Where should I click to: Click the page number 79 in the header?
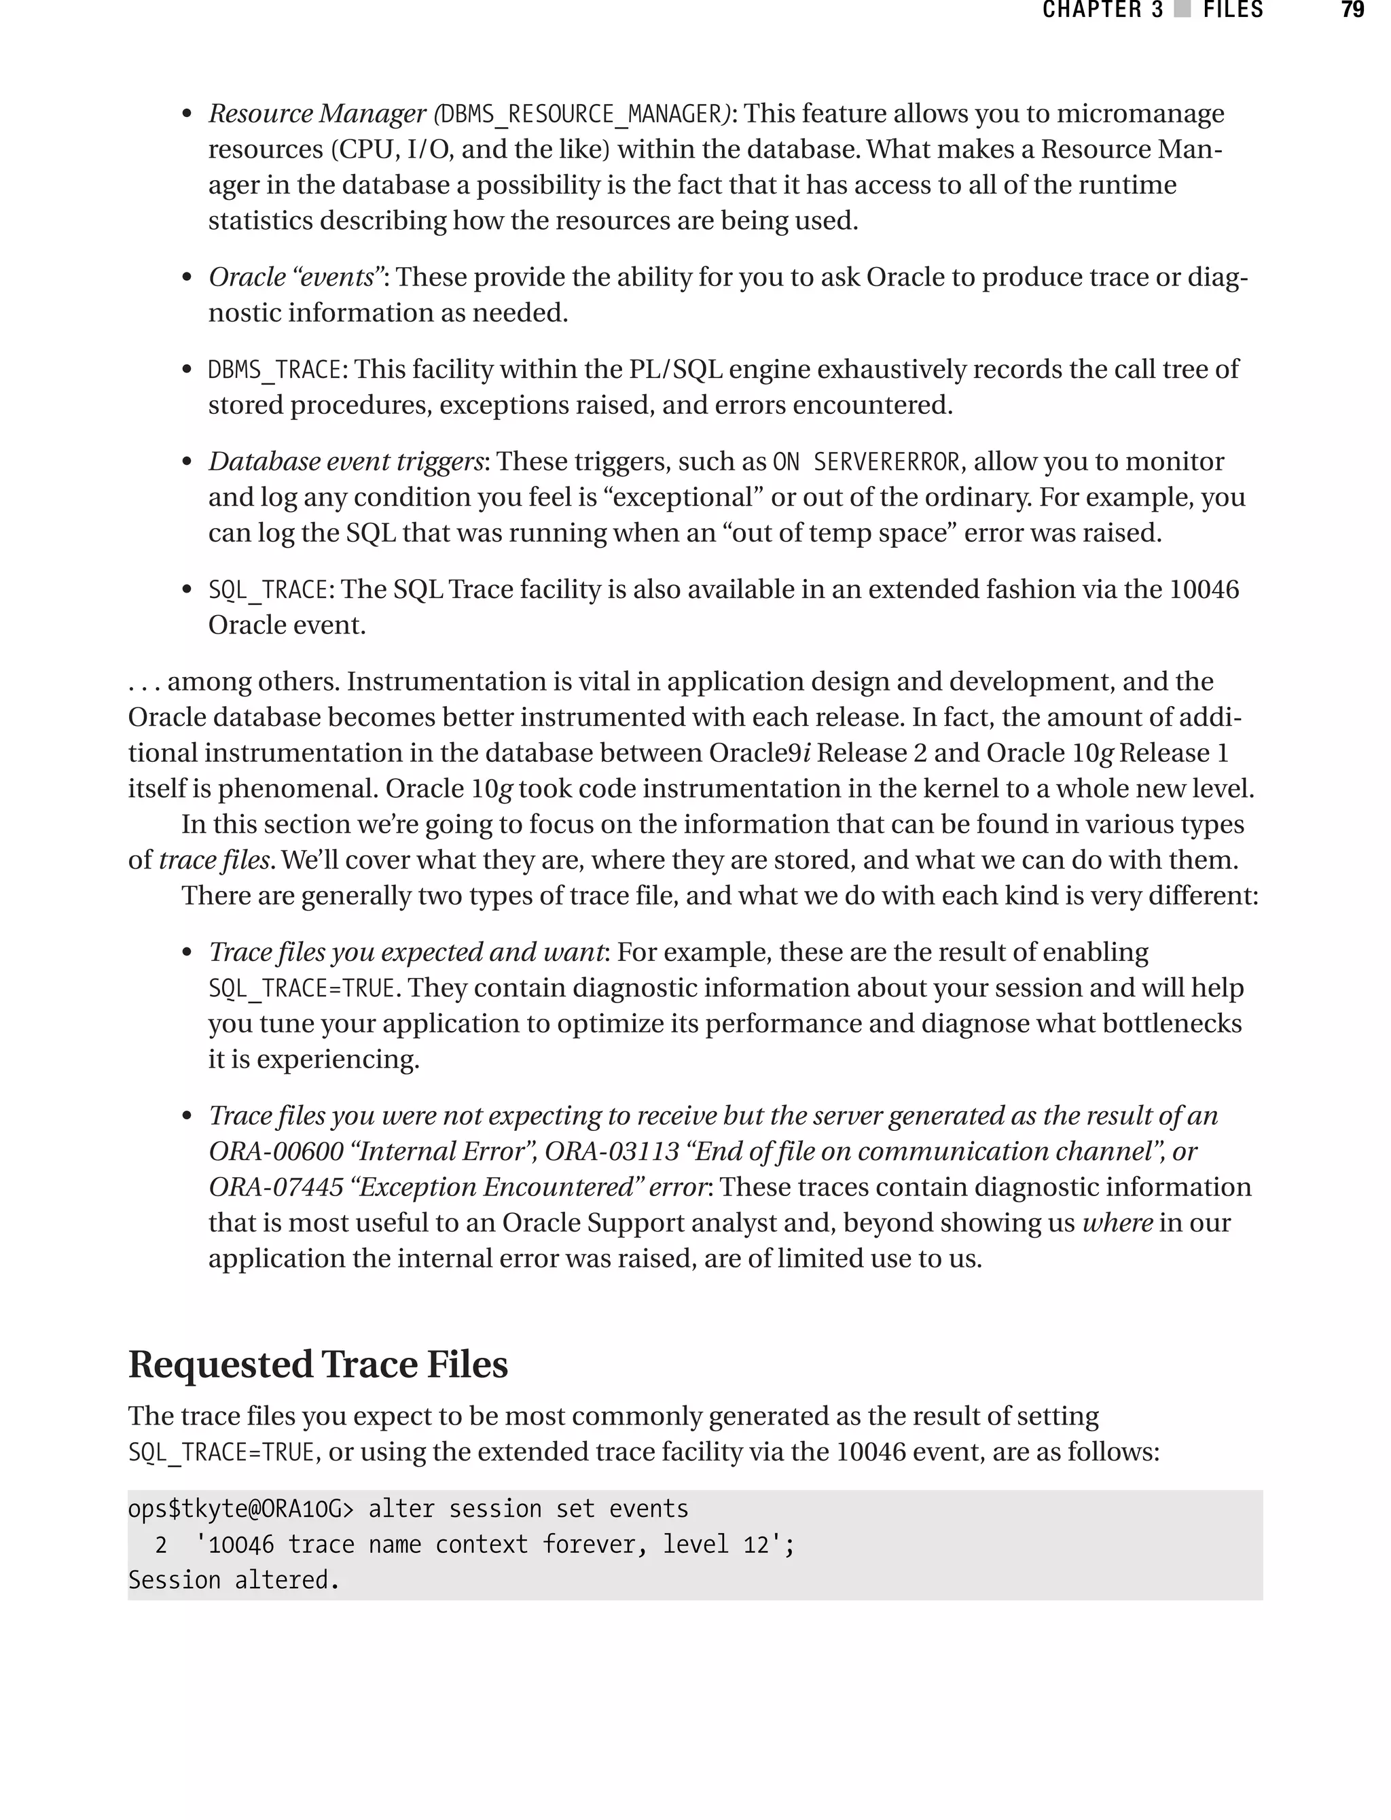1352,11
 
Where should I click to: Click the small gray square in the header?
1182,11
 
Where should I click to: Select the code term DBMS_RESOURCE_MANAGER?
582,113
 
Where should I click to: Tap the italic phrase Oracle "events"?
295,277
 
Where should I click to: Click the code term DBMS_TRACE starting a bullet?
275,370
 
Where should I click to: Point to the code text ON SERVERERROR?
865,461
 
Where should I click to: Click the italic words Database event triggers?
345,461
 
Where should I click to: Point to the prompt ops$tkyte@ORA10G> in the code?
240,1509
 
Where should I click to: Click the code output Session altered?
234,1580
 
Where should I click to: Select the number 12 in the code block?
756,1544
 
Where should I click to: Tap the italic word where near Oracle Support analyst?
1118,1223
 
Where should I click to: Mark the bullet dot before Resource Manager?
187,114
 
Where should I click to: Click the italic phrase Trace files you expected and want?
405,952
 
